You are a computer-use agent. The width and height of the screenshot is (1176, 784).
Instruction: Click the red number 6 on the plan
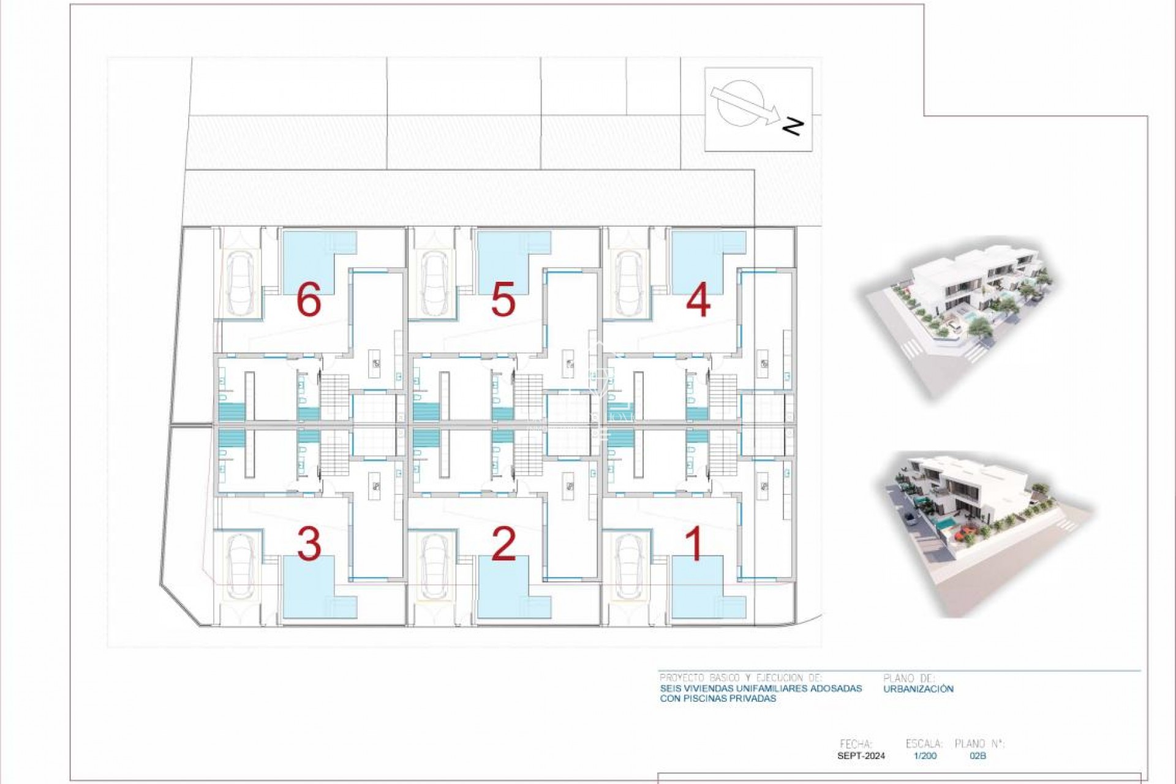point(308,301)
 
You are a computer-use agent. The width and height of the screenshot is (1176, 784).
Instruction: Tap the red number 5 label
point(503,301)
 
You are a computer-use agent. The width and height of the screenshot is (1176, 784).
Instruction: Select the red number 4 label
point(698,301)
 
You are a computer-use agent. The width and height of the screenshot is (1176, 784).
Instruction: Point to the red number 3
point(309,544)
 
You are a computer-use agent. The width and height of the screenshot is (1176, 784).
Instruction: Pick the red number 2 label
point(503,544)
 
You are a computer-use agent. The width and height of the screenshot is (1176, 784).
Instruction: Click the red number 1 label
point(695,544)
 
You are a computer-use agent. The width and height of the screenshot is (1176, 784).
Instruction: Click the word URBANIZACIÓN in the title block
point(919,688)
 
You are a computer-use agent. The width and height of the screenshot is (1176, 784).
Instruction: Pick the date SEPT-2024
point(861,756)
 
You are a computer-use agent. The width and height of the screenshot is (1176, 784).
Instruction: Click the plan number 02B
point(978,756)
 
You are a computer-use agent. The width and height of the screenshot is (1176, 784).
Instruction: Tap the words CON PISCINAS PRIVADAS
point(718,698)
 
